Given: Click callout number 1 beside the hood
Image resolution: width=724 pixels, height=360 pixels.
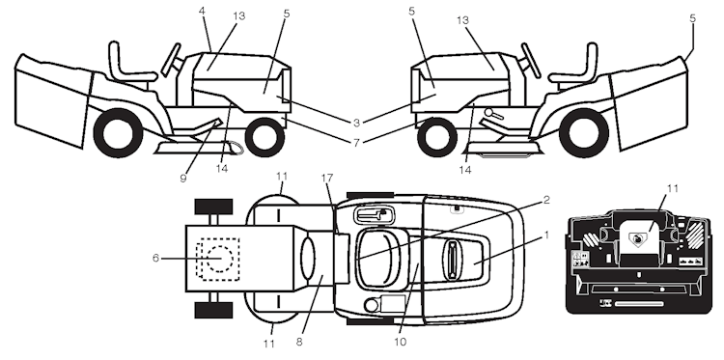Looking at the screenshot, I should [545, 234].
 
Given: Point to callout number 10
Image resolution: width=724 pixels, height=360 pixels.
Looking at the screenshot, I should [400, 341].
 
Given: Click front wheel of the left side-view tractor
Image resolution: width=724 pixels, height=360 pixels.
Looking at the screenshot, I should [263, 136].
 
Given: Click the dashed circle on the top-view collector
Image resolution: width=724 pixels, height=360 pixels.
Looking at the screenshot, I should [216, 259].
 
